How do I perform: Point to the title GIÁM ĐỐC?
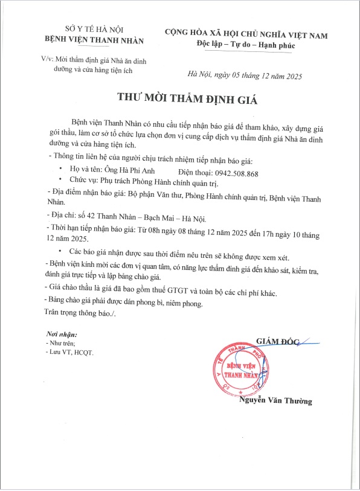(278, 341)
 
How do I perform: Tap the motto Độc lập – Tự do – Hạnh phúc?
(246, 45)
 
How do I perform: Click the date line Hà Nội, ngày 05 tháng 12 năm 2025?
(245, 76)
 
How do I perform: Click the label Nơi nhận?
(62, 334)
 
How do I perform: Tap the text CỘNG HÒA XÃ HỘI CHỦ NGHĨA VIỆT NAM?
(246, 35)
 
